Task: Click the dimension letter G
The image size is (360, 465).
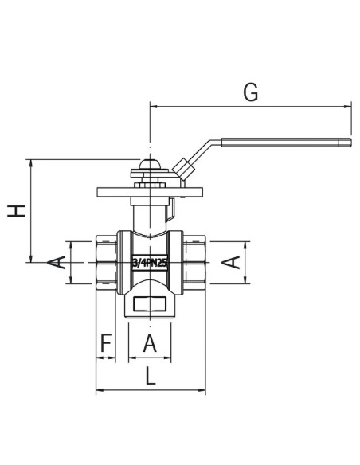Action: pyautogui.click(x=251, y=92)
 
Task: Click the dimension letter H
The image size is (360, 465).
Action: pyautogui.click(x=17, y=211)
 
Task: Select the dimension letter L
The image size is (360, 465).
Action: pyautogui.click(x=151, y=376)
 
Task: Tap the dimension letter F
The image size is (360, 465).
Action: pyautogui.click(x=106, y=342)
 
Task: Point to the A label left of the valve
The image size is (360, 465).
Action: pyautogui.click(x=57, y=262)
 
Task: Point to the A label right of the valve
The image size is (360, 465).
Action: pyautogui.click(x=231, y=262)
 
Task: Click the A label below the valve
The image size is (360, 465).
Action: pyautogui.click(x=150, y=343)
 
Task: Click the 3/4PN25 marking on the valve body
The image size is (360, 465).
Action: pyautogui.click(x=150, y=263)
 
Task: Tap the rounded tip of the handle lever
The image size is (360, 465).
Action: pyautogui.click(x=350, y=143)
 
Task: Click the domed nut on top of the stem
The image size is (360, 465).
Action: pyautogui.click(x=150, y=164)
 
